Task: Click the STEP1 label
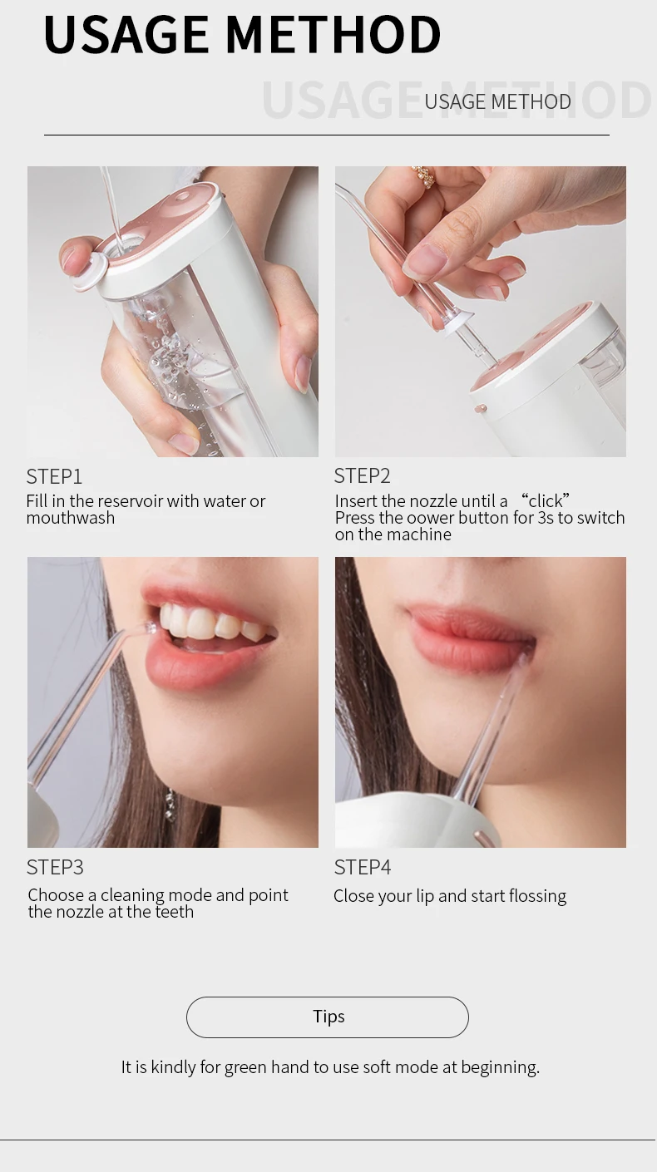pos(54,476)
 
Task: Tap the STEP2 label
pos(363,476)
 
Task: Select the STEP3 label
pos(55,868)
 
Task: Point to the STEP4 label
pos(363,868)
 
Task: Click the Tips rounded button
pos(328,1017)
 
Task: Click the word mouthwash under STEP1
pos(71,518)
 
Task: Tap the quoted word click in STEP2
pos(546,500)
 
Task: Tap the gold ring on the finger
pos(424,176)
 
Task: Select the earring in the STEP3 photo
pos(170,805)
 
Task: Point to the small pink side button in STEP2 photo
pos(480,409)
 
